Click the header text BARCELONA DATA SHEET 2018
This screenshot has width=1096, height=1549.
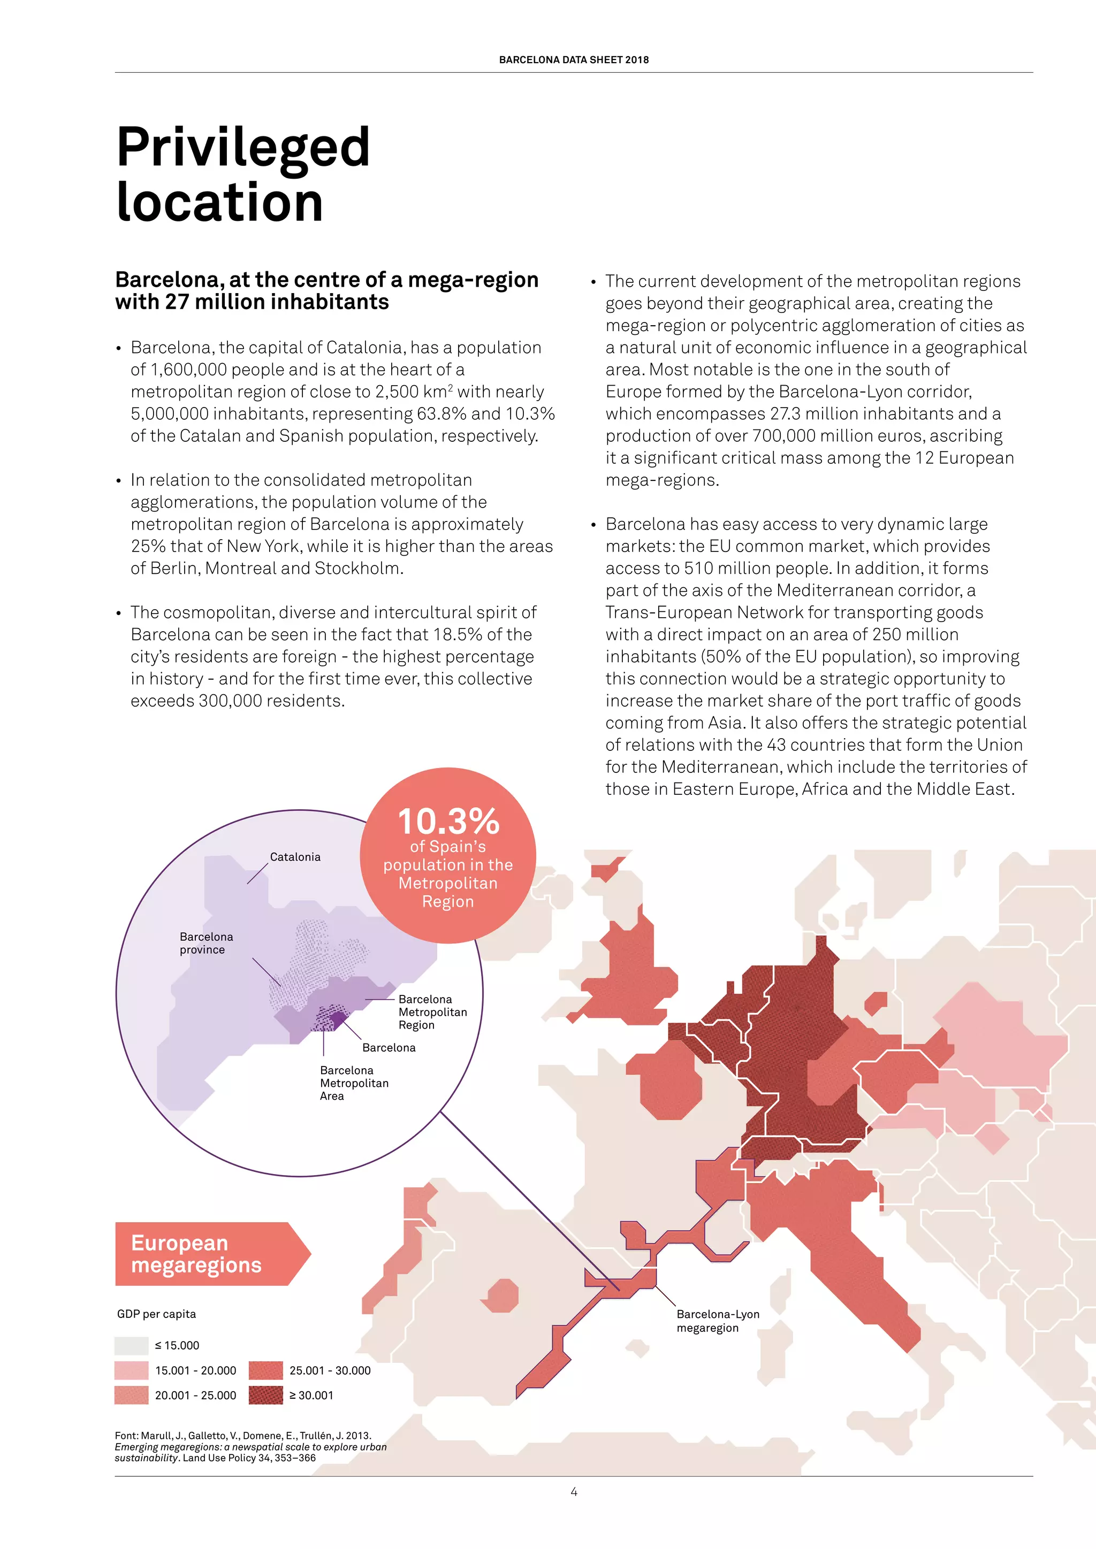coord(574,59)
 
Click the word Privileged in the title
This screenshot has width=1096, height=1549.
coord(243,147)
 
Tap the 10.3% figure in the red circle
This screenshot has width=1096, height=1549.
coord(448,822)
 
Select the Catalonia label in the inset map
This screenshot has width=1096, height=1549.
coord(295,857)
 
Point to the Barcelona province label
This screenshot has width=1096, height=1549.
coord(206,943)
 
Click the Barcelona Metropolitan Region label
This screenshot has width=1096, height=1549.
coord(432,1012)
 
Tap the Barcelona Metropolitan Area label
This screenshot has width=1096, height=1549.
coord(354,1083)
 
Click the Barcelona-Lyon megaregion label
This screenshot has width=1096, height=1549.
coord(718,1321)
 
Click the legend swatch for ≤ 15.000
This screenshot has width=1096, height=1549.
coord(131,1345)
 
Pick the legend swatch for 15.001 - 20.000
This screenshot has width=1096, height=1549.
coord(131,1370)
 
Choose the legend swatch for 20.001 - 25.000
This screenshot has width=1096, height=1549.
coord(131,1395)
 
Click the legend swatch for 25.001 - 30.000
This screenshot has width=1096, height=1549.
coord(265,1370)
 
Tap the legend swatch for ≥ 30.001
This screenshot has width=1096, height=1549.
coord(265,1395)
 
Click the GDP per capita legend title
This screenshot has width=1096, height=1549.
coord(157,1314)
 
